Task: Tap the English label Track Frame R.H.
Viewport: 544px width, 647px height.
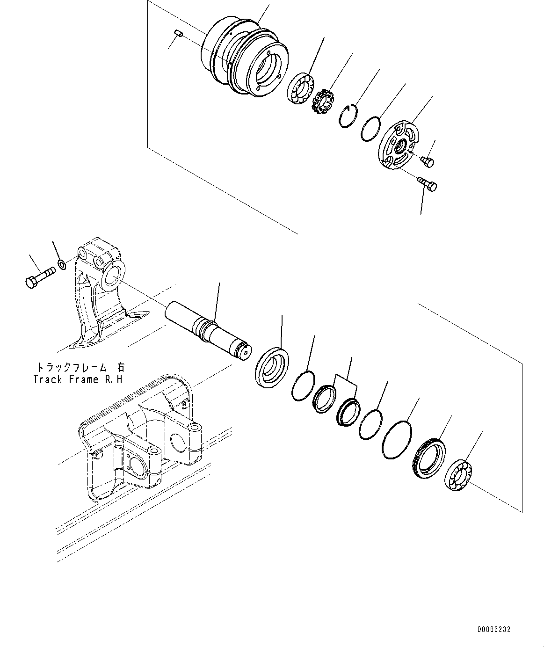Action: click(x=79, y=379)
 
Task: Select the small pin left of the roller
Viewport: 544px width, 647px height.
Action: click(x=176, y=33)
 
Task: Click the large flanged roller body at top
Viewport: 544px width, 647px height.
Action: click(x=243, y=58)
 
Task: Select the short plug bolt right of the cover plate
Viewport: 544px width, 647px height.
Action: click(x=428, y=161)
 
